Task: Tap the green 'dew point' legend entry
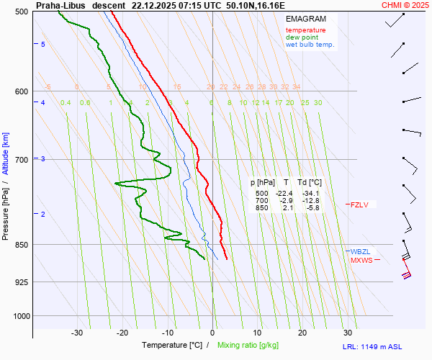302,37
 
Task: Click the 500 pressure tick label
22,12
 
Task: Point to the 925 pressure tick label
22,282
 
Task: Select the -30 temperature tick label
77,333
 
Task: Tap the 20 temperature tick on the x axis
302,333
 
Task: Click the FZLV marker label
359,204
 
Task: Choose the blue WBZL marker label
360,251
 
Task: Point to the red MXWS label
361,260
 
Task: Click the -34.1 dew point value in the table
310,194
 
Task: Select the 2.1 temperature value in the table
286,208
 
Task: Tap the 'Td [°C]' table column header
310,183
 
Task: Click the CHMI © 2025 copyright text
405,4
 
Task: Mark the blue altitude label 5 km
43,45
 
